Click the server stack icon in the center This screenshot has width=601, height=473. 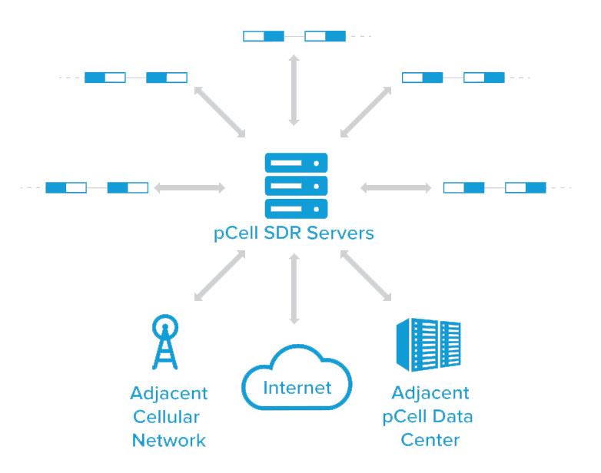[x=296, y=185]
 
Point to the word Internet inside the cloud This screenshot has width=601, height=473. [x=297, y=388]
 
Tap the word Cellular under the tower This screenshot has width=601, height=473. [x=167, y=417]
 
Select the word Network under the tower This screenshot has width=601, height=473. [x=169, y=441]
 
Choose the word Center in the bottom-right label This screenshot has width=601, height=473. [x=430, y=441]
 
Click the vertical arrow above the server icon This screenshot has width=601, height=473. [x=293, y=90]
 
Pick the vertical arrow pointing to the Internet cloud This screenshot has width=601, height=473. [x=293, y=289]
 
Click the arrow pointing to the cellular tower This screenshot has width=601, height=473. [x=219, y=276]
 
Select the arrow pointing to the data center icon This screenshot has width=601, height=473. [x=367, y=276]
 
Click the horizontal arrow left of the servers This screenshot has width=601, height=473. [x=190, y=187]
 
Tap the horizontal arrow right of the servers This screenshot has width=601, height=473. [x=396, y=187]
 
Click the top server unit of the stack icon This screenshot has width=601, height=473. [x=296, y=163]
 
